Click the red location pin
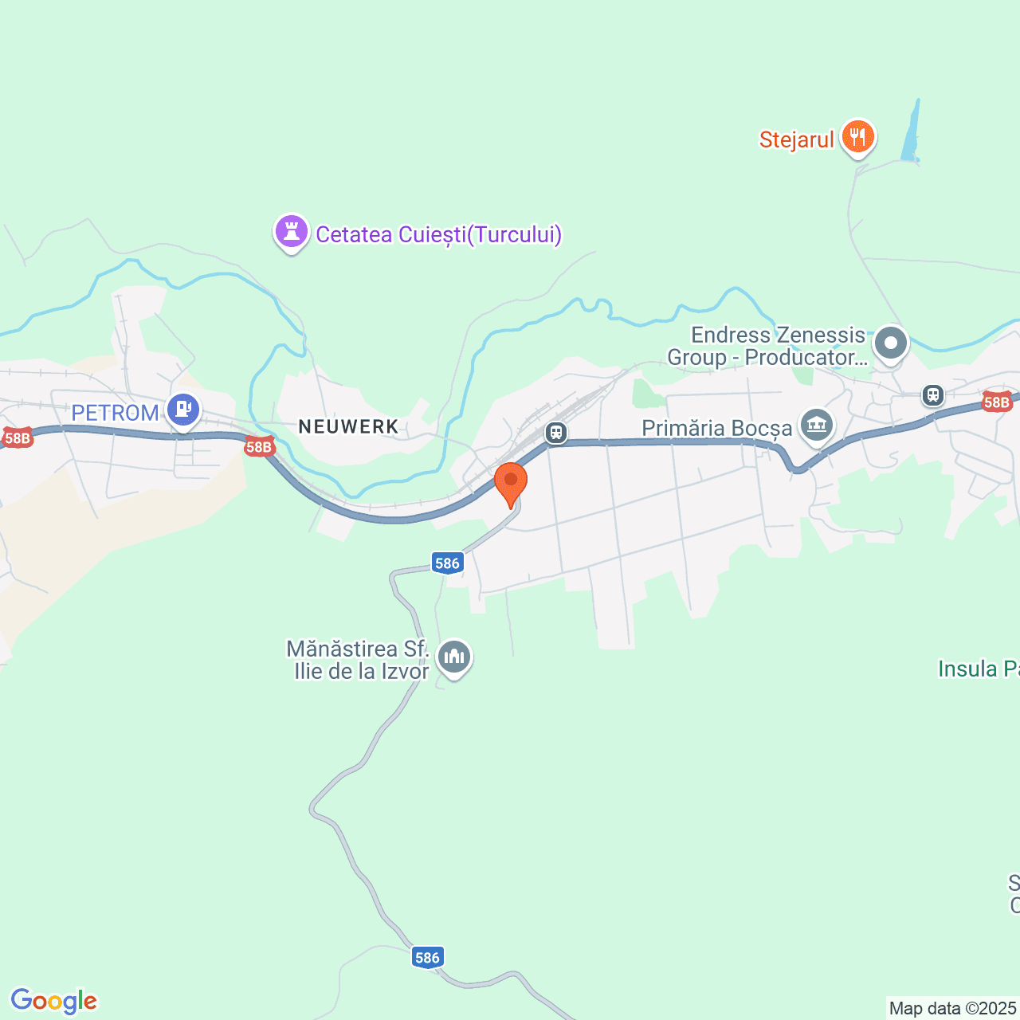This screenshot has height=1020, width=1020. point(511,481)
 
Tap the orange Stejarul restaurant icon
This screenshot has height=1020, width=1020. point(857,137)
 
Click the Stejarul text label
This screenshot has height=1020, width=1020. point(796,139)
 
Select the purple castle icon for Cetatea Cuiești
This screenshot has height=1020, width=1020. point(291,232)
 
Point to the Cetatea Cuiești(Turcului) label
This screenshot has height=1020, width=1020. point(439,235)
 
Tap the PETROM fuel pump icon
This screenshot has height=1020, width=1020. point(183,410)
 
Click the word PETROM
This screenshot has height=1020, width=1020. point(115,413)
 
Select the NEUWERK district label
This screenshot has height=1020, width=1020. point(348,426)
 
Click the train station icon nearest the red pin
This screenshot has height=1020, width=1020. point(556,433)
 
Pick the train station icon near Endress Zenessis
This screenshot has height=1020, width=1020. point(932,394)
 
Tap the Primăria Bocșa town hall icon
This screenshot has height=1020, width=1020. point(816,425)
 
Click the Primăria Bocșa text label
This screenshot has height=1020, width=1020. point(716,428)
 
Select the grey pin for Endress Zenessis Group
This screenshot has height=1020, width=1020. point(890,344)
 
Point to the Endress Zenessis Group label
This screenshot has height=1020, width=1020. point(767,346)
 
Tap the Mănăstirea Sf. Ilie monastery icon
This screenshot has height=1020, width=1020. point(454,657)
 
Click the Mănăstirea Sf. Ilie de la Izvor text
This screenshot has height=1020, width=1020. point(359,660)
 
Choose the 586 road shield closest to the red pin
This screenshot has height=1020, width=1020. point(447,563)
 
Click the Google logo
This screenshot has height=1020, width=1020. point(53,1001)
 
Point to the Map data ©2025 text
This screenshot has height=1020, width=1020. point(952,1008)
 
